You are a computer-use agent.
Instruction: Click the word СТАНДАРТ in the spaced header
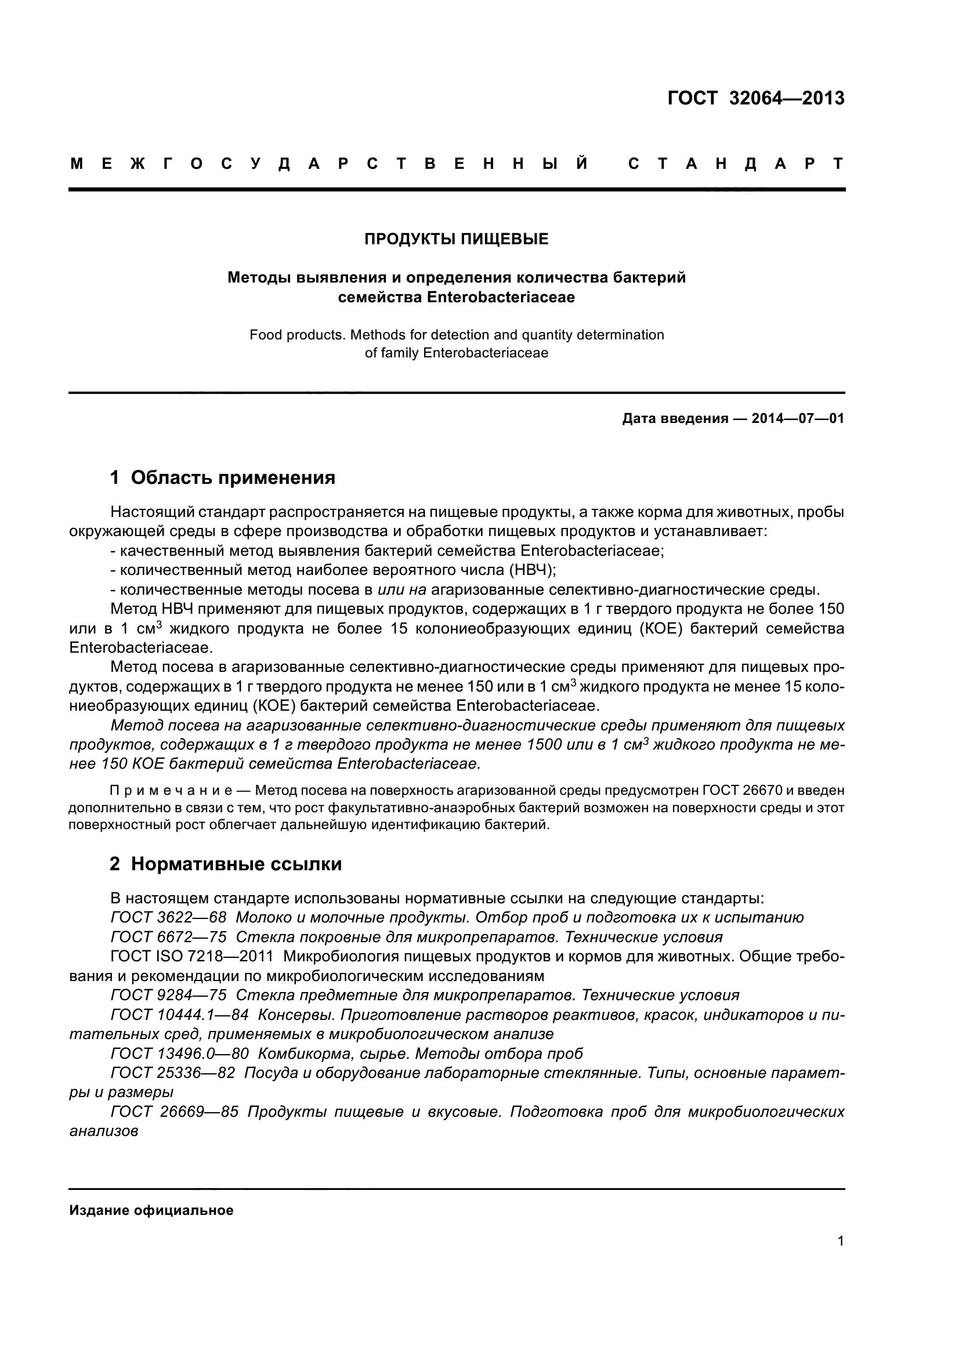tap(736, 164)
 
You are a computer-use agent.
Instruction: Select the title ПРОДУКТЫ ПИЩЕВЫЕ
tap(456, 239)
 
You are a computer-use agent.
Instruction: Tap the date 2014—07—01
tap(798, 419)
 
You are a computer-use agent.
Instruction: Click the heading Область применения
tap(233, 477)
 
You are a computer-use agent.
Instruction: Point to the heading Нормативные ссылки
tap(236, 864)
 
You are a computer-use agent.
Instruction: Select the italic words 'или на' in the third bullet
tap(402, 589)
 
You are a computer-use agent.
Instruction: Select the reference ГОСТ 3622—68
tap(168, 918)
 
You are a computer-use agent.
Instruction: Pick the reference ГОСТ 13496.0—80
tap(179, 1054)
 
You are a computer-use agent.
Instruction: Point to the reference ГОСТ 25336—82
tap(172, 1073)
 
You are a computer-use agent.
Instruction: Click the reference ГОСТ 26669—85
tap(174, 1112)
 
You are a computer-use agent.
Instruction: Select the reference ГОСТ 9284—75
tap(168, 996)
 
